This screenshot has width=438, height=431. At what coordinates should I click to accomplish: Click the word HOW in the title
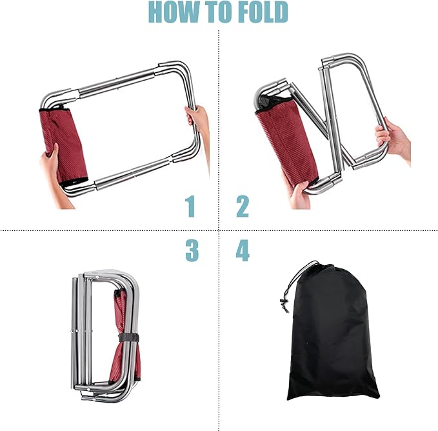click(x=175, y=12)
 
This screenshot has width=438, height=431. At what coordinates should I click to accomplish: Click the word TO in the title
click(x=220, y=12)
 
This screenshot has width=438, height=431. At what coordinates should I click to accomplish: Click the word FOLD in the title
click(x=264, y=12)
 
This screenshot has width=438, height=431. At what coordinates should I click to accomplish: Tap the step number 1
click(x=190, y=206)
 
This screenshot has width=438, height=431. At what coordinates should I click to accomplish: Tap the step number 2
click(x=243, y=206)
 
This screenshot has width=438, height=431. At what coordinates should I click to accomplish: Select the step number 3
click(x=192, y=250)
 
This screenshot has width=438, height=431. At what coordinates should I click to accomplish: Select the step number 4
click(x=243, y=250)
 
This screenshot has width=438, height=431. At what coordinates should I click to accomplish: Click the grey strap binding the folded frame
click(x=128, y=337)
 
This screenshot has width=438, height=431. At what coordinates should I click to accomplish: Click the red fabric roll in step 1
click(x=63, y=146)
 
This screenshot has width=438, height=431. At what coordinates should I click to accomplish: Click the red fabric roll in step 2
click(x=286, y=139)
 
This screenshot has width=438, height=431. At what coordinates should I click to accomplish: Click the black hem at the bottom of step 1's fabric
click(x=74, y=182)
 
